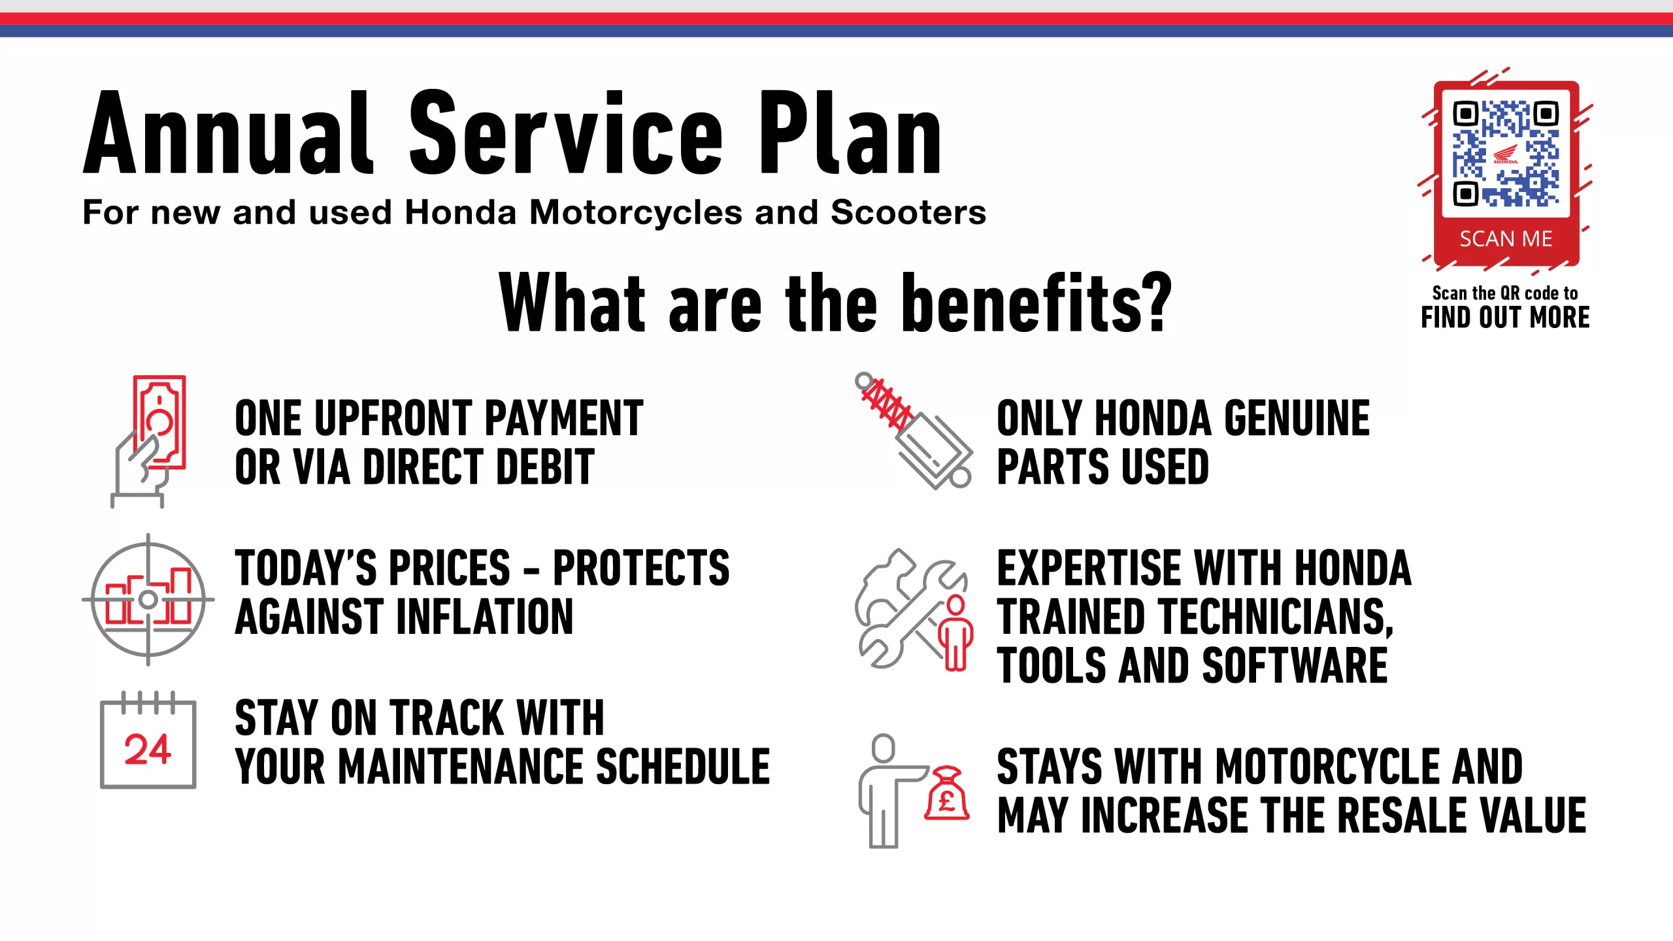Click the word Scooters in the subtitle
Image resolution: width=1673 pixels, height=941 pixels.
click(x=908, y=212)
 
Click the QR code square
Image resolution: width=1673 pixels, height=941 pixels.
click(x=1506, y=153)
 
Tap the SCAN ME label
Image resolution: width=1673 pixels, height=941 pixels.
click(x=1506, y=239)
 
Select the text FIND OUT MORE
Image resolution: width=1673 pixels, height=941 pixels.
click(x=1505, y=318)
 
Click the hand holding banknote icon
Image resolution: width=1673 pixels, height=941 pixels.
click(x=149, y=441)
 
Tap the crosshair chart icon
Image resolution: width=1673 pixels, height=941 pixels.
click(x=148, y=599)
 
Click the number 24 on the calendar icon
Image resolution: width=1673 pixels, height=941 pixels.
click(x=148, y=749)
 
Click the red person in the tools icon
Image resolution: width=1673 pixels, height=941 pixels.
click(x=956, y=633)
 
